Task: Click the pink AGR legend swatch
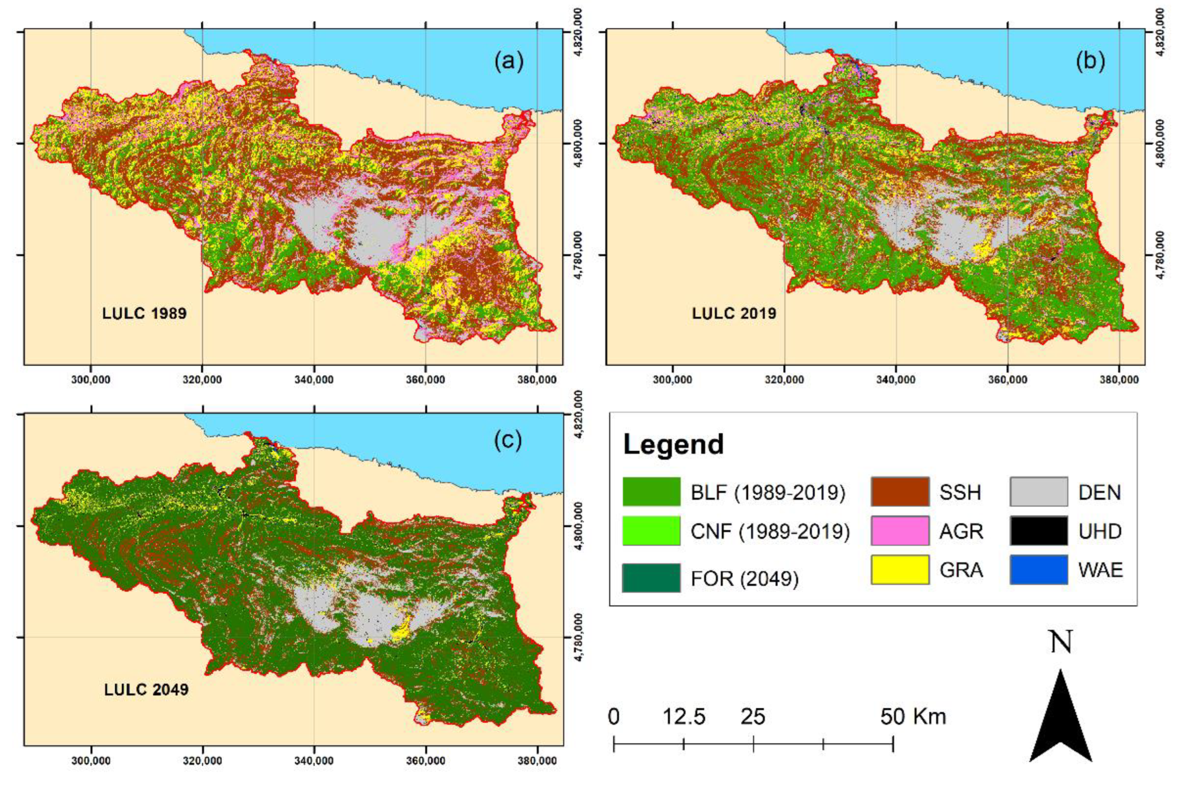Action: point(900,530)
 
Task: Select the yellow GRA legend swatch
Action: point(900,570)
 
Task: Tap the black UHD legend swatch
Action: point(1039,530)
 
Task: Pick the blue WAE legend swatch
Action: point(1039,570)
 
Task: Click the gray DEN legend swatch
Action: point(1039,492)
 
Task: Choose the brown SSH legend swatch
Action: point(900,492)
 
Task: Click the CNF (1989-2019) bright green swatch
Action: point(651,530)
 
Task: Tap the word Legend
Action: point(673,445)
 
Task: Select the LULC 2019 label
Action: point(734,314)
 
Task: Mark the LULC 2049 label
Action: point(146,690)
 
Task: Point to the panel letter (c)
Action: point(508,440)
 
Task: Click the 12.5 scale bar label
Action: point(684,717)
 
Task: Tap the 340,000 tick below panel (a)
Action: point(314,380)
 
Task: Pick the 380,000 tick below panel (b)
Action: point(1119,380)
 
